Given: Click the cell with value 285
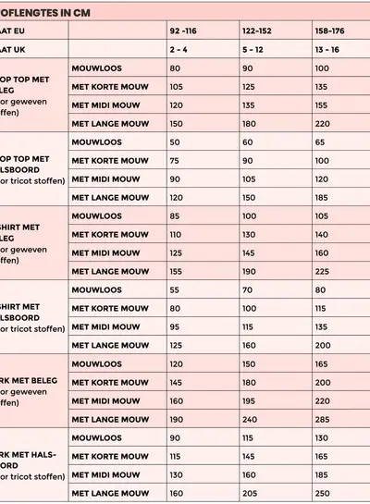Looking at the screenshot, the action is pos(323,419).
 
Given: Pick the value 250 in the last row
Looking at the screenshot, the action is pos(323,493).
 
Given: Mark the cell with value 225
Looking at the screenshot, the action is pos(323,271).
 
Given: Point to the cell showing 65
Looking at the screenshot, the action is pos(320,142).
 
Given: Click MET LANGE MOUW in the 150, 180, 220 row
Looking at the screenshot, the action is pos(110,124).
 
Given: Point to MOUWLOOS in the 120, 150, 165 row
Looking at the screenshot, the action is pos(97,363).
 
